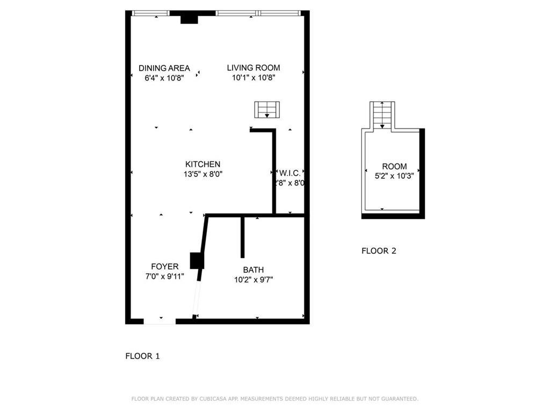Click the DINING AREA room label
click(x=164, y=68)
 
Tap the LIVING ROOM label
click(x=254, y=68)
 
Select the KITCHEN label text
click(x=202, y=164)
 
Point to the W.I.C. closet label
click(x=290, y=173)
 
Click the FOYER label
click(x=164, y=267)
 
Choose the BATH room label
click(x=254, y=270)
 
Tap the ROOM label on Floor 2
click(x=394, y=167)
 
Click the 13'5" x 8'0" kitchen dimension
click(x=202, y=174)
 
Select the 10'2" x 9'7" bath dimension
click(x=254, y=280)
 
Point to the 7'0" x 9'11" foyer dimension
click(x=164, y=276)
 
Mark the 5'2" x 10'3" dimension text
click(x=394, y=176)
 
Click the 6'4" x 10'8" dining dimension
click(x=164, y=77)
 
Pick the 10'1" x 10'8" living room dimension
click(x=254, y=77)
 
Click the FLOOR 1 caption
click(x=142, y=356)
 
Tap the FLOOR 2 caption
click(x=379, y=251)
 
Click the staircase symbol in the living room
click(x=267, y=110)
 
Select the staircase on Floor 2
click(x=382, y=115)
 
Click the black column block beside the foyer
click(x=197, y=261)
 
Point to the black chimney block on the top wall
click(x=190, y=18)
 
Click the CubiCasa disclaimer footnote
click(x=274, y=398)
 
